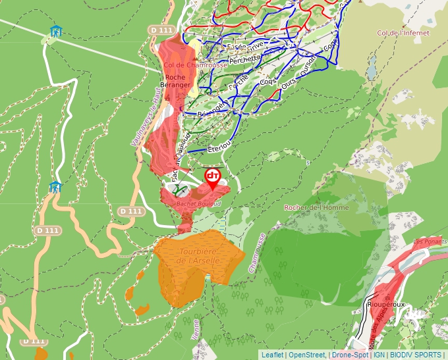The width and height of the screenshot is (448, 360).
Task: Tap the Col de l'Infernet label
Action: pyautogui.click(x=403, y=33)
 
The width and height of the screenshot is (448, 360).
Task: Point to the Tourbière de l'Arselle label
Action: pyautogui.click(x=199, y=255)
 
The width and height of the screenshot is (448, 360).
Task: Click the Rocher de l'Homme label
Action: pyautogui.click(x=316, y=208)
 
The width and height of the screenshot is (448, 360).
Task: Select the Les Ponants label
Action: pyautogui.click(x=427, y=242)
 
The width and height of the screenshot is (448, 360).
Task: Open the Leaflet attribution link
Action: pyautogui.click(x=272, y=355)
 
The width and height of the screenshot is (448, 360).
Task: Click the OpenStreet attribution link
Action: pyautogui.click(x=307, y=355)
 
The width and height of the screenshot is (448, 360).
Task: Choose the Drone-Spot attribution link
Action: pyautogui.click(x=350, y=355)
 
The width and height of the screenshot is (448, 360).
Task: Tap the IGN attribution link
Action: pyautogui.click(x=379, y=355)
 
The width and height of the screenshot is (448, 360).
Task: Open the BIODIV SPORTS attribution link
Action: pyautogui.click(x=415, y=355)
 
